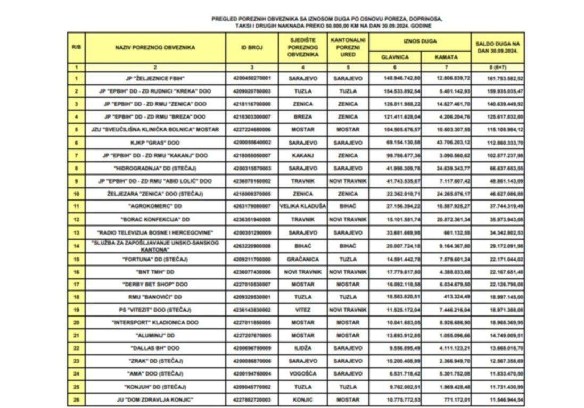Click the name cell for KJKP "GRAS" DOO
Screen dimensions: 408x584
click(155, 143)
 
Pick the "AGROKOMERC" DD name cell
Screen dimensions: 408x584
click(155, 207)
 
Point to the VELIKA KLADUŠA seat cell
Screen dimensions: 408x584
click(303, 207)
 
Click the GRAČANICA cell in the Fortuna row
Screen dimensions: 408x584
click(303, 259)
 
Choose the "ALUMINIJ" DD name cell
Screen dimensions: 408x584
click(155, 336)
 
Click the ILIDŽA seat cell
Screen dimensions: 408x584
click(303, 348)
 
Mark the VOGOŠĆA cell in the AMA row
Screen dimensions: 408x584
click(303, 374)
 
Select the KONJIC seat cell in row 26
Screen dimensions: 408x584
click(303, 399)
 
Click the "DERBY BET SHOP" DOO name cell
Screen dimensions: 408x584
click(155, 284)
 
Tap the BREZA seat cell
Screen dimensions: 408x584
click(303, 116)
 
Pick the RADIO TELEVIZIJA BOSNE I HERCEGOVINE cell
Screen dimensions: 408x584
click(155, 232)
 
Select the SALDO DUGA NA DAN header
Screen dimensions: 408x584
click(497, 47)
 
